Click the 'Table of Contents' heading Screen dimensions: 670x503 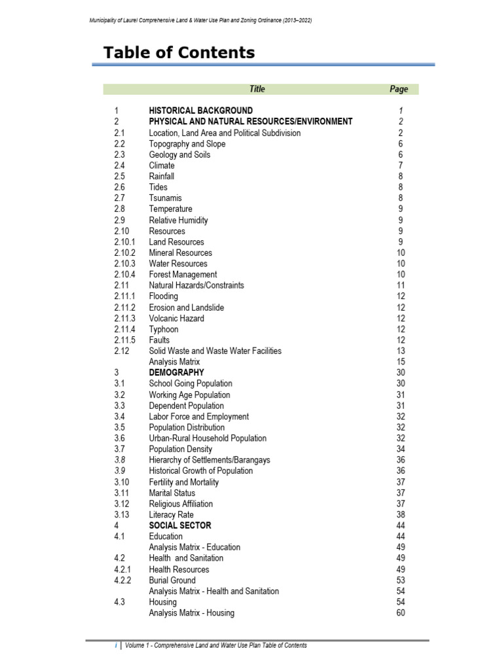179,53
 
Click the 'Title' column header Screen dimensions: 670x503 257,89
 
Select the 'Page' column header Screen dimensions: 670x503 398,89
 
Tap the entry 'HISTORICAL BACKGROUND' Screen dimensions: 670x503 200,111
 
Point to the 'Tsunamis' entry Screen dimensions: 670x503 165,198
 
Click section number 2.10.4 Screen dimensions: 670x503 124,274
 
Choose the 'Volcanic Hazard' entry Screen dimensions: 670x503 176,318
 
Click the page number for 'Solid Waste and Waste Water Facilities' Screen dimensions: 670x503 400,351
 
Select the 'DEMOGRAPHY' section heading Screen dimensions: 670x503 176,372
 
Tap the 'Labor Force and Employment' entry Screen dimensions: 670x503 198,416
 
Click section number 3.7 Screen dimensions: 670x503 119,449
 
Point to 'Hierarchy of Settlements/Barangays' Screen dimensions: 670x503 209,460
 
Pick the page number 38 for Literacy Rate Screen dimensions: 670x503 400,514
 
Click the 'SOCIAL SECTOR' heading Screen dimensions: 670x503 179,525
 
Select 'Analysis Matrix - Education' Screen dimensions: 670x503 195,547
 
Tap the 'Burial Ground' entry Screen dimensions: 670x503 172,580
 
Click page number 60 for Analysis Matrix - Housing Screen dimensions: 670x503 400,613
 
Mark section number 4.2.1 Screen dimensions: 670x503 122,569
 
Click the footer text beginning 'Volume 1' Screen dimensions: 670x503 216,645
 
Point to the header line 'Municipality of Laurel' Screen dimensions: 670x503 200,20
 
